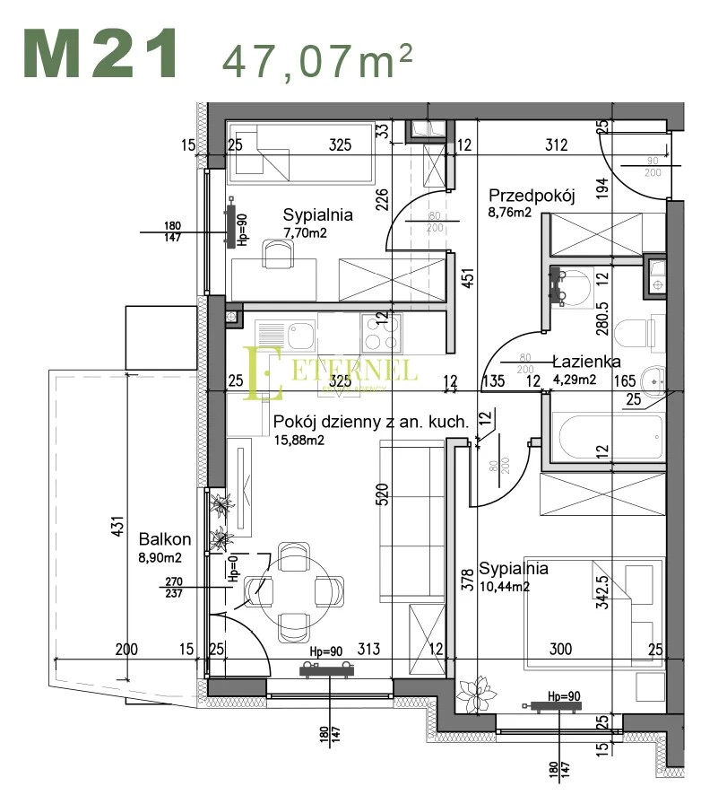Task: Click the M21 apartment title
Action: [100, 54]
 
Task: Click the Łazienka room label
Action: [586, 362]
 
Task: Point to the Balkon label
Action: [165, 539]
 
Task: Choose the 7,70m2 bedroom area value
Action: [305, 232]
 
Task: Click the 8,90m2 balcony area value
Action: [160, 557]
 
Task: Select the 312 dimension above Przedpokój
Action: [557, 144]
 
